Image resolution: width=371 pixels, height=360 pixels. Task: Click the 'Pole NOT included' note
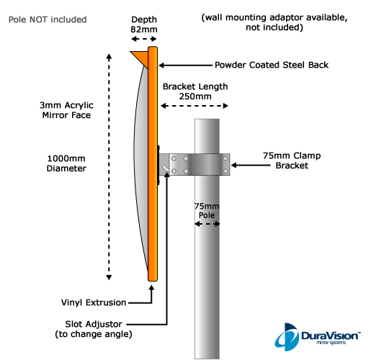point(48,19)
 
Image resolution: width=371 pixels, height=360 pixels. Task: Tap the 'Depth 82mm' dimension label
point(144,24)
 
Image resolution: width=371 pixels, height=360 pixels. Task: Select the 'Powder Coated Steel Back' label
point(272,65)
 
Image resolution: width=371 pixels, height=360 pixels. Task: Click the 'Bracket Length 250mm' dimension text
point(195,91)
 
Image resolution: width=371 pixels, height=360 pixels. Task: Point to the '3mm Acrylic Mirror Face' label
point(66,110)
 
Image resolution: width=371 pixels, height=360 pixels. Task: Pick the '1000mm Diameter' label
point(66,163)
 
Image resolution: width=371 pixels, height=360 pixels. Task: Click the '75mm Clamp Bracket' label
point(292,161)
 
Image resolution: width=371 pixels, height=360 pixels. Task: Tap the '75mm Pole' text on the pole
point(207,210)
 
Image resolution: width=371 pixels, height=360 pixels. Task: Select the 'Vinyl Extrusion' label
point(94,302)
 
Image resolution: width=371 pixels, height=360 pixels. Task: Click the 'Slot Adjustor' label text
point(94,324)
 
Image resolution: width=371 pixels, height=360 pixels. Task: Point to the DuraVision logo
point(318,337)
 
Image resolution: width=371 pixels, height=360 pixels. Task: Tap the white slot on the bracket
point(166,168)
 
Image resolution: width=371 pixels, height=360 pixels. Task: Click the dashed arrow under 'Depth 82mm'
point(144,39)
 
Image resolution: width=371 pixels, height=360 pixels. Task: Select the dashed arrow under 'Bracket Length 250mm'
point(195,106)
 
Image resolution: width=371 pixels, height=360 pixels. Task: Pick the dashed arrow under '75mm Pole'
point(207,224)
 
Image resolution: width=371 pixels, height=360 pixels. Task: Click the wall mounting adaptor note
point(274,22)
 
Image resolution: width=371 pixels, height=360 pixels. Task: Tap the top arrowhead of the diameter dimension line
point(109,57)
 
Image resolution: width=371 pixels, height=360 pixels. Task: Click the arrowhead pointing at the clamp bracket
point(233,166)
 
